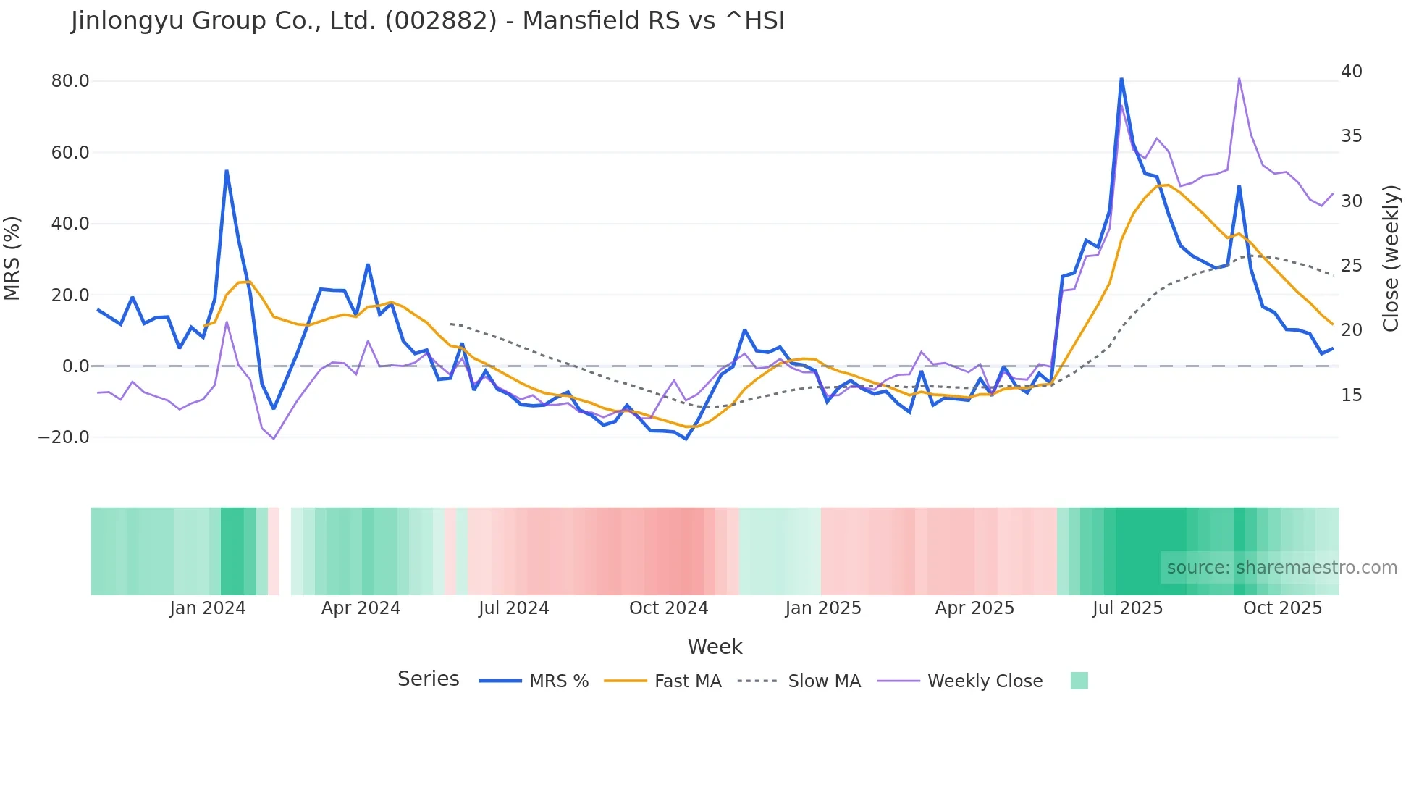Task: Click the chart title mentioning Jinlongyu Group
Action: point(428,21)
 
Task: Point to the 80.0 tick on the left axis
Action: point(70,81)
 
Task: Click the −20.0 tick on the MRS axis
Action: point(64,437)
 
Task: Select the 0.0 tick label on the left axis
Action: point(76,366)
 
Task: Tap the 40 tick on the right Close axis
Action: point(1351,72)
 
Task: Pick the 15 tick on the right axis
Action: point(1351,395)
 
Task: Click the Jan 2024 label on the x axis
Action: point(208,608)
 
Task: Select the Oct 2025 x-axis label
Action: point(1282,608)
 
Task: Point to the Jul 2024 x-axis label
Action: point(513,608)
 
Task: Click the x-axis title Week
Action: point(715,647)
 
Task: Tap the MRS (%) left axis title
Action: point(12,259)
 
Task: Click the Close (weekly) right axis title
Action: point(1391,259)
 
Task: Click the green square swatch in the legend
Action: point(1079,681)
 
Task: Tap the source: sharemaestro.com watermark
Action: point(1281,568)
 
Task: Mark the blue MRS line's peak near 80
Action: point(1121,79)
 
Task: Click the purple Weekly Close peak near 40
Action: point(1239,79)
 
